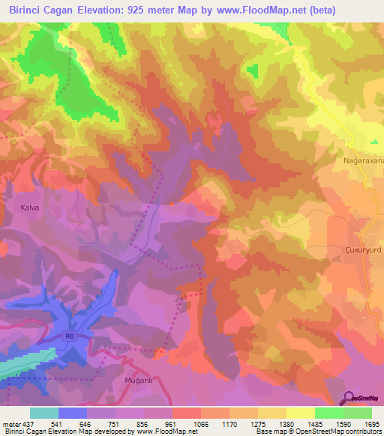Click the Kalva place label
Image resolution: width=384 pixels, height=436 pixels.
30,206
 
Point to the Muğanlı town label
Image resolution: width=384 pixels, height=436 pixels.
137,381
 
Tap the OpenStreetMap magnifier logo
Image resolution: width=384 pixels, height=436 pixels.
349,397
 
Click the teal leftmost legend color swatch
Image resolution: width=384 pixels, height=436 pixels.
44,413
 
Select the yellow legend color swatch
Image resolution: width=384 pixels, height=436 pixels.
300,413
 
